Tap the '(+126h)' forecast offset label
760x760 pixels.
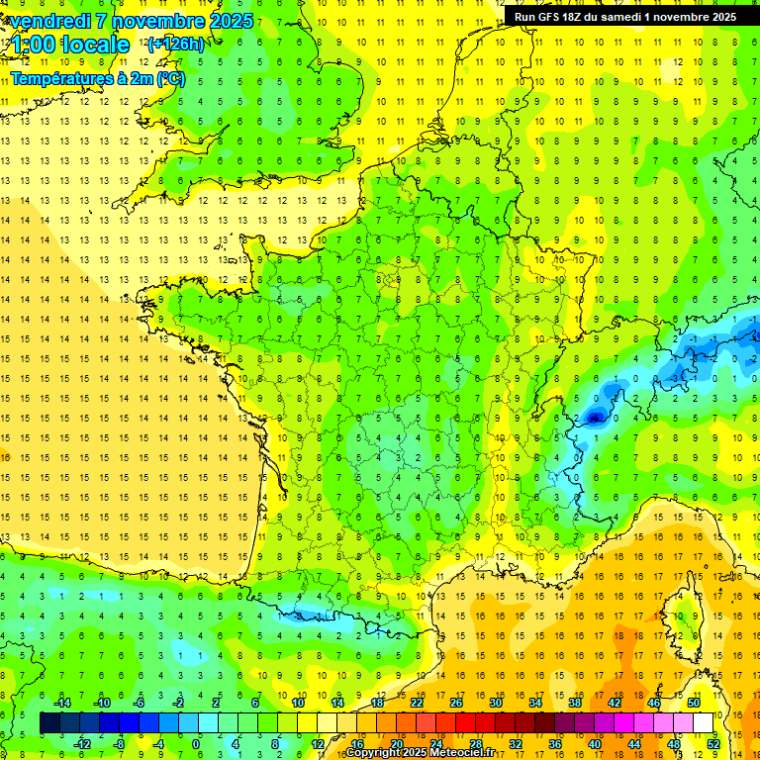[x=175, y=44]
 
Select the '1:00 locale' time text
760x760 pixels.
[x=70, y=45]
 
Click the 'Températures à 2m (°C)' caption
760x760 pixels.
[x=97, y=78]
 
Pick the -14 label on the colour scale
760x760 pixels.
[x=62, y=703]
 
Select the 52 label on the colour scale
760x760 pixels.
[x=712, y=743]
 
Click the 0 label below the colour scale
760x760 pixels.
[x=196, y=743]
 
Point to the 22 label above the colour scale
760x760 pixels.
[x=417, y=703]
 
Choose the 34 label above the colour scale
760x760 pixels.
[x=535, y=703]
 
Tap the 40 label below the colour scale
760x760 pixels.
[x=595, y=743]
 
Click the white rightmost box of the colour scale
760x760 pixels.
[x=704, y=722]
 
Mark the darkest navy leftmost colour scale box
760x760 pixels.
[x=49, y=722]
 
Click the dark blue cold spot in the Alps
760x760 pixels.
[x=594, y=418]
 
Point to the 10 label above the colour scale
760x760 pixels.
[x=298, y=703]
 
